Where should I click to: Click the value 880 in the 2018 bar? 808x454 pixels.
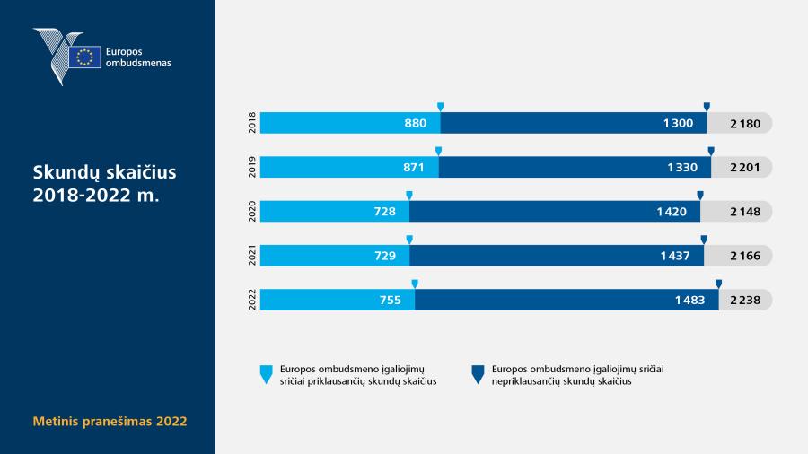pyautogui.click(x=416, y=123)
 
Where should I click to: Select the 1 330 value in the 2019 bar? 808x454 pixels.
pyautogui.click(x=682, y=167)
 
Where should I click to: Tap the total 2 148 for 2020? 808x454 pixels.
pyautogui.click(x=745, y=212)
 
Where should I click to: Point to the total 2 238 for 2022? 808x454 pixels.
pyautogui.click(x=745, y=300)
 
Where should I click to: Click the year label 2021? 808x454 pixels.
pyautogui.click(x=252, y=256)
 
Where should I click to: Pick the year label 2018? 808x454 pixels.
pyautogui.click(x=252, y=123)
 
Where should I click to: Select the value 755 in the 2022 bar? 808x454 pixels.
pyautogui.click(x=391, y=300)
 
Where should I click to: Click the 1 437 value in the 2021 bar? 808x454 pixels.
pyautogui.click(x=675, y=256)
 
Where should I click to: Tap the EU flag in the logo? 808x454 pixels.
pyautogui.click(x=84, y=57)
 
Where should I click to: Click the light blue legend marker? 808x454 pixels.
pyautogui.click(x=266, y=374)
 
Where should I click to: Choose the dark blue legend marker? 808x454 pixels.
pyautogui.click(x=478, y=374)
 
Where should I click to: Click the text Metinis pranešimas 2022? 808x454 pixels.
pyautogui.click(x=110, y=421)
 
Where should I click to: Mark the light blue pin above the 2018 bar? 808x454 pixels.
pyautogui.click(x=440, y=107)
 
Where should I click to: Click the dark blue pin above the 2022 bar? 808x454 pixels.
pyautogui.click(x=718, y=284)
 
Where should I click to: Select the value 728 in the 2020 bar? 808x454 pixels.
pyautogui.click(x=385, y=212)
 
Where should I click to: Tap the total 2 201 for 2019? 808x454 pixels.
pyautogui.click(x=745, y=167)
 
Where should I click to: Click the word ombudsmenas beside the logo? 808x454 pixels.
pyautogui.click(x=138, y=64)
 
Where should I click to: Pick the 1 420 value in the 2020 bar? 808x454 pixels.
pyautogui.click(x=672, y=212)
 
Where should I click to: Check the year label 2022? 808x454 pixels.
pyautogui.click(x=252, y=300)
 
